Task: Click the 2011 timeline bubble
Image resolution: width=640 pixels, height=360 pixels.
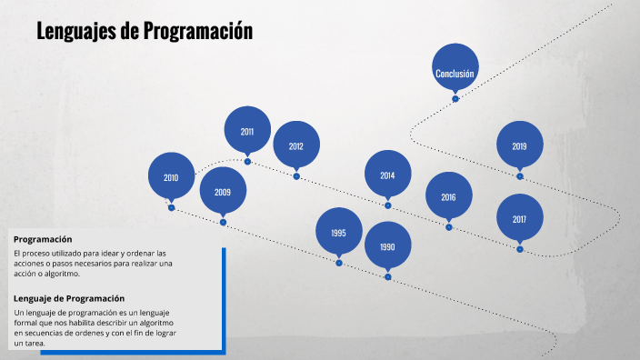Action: tap(247, 130)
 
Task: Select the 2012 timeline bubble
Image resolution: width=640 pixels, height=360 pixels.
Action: tap(296, 145)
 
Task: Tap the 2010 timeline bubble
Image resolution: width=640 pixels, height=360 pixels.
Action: tap(171, 177)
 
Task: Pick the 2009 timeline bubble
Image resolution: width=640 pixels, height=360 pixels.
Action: tap(223, 192)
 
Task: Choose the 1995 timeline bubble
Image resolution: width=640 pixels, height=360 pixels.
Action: tap(338, 232)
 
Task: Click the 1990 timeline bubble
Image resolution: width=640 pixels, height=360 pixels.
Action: tap(387, 245)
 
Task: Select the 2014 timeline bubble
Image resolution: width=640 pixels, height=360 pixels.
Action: tap(387, 175)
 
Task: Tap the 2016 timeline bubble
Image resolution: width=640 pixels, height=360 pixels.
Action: tap(448, 196)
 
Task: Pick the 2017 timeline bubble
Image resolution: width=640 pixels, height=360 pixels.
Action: tap(519, 218)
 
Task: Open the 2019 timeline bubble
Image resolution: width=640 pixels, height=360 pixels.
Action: tap(519, 145)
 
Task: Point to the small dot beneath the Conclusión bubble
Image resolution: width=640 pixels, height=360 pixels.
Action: tap(455, 99)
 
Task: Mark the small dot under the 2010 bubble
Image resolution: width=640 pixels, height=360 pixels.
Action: tap(171, 208)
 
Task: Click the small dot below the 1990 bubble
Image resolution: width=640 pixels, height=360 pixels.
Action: tap(387, 276)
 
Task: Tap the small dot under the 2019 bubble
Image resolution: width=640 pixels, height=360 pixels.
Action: tap(520, 176)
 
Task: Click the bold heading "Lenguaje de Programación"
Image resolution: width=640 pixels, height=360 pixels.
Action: tap(69, 298)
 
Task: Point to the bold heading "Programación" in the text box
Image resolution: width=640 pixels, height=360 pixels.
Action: tap(43, 239)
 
